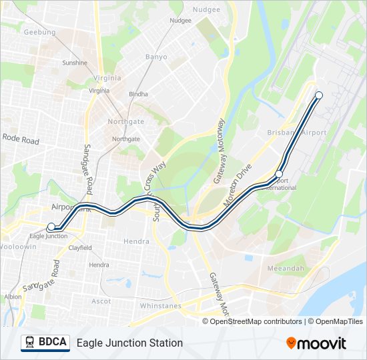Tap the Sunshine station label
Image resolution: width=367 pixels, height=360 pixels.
click(x=75, y=63)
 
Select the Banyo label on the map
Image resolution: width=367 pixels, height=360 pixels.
click(x=156, y=57)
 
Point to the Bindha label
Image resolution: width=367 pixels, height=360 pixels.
click(x=138, y=94)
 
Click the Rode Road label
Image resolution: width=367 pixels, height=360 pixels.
click(x=21, y=140)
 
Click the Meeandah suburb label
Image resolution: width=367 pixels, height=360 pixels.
click(x=286, y=268)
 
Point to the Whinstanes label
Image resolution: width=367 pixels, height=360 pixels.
click(x=160, y=305)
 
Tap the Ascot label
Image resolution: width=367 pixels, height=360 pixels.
click(x=101, y=301)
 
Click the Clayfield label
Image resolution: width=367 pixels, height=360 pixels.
click(x=80, y=248)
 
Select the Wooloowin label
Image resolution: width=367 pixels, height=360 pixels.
click(x=18, y=247)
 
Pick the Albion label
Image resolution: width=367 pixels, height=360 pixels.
click(x=13, y=297)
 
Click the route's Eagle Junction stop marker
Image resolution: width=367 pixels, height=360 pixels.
click(x=51, y=227)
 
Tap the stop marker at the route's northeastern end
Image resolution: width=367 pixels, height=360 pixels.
click(x=319, y=95)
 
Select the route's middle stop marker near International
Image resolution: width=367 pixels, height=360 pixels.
click(x=279, y=174)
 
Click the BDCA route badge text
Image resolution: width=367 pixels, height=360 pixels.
click(x=53, y=343)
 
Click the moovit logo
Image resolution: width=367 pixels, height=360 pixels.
click(x=316, y=343)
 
